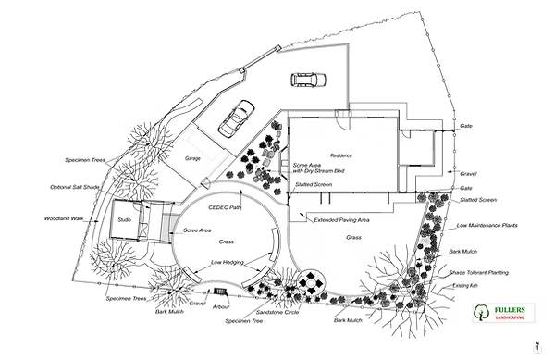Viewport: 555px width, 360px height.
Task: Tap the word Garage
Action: (x=192, y=159)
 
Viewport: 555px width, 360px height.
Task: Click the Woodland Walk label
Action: (x=64, y=219)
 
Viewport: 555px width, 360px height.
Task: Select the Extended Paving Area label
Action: (x=342, y=220)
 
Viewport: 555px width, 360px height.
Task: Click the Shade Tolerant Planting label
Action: (x=477, y=273)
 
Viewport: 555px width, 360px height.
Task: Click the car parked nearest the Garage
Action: (x=236, y=118)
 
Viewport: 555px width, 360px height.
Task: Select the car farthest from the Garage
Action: (x=306, y=81)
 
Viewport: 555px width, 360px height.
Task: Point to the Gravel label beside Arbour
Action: (x=197, y=303)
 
